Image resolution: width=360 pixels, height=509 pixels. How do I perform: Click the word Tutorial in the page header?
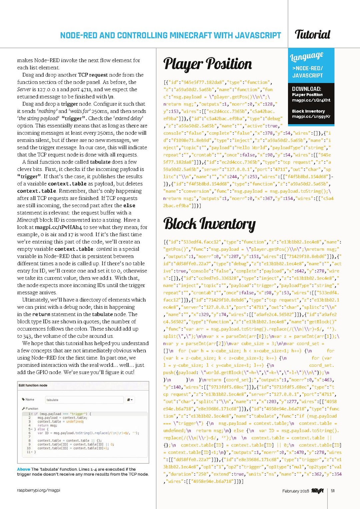[x=312, y=34]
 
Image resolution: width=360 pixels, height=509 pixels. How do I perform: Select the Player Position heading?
[x=207, y=64]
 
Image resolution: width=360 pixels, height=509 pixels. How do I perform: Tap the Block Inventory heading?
[x=209, y=224]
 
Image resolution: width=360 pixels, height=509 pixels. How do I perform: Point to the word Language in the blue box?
[x=307, y=56]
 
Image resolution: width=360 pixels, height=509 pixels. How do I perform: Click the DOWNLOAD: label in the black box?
[x=306, y=89]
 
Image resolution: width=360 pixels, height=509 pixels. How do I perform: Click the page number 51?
[x=333, y=491]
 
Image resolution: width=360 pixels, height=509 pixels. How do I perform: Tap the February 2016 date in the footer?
[x=295, y=491]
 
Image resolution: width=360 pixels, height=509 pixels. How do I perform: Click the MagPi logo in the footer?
[x=317, y=491]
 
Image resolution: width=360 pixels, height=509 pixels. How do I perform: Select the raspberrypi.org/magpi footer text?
[x=39, y=490]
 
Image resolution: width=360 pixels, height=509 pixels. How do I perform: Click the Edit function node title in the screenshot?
[x=33, y=385]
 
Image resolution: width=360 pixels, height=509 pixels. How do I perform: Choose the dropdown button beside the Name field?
[x=130, y=400]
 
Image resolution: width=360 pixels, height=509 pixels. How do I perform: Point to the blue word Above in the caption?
[x=23, y=469]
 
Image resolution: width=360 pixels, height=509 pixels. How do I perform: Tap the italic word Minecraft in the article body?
[x=28, y=220]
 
